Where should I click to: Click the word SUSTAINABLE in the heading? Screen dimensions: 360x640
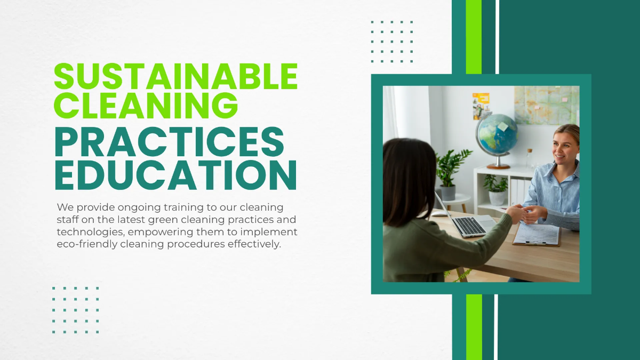(x=175, y=77)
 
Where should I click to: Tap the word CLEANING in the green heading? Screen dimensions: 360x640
(x=146, y=105)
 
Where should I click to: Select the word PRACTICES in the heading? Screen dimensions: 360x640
(x=169, y=142)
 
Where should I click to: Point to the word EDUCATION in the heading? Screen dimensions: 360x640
(x=175, y=174)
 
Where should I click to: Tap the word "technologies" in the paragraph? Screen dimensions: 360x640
(x=86, y=233)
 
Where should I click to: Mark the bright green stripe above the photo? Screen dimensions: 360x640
(x=474, y=36)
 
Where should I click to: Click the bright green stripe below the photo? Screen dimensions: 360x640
(x=474, y=326)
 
